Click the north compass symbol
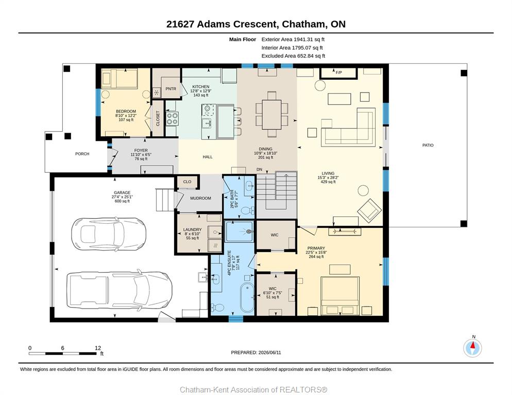(472, 348)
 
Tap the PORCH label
(82, 154)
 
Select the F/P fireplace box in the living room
(338, 73)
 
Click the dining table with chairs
(271, 114)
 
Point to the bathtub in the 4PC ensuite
(247, 297)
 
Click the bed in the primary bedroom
(340, 296)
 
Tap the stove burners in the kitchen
(172, 119)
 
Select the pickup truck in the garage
(119, 290)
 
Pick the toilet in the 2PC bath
(248, 210)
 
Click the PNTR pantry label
(171, 88)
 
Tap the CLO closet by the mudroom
(187, 182)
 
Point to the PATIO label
(428, 145)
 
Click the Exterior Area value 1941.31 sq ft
(309, 40)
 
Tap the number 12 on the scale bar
(98, 348)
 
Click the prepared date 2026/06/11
(269, 353)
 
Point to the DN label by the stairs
(259, 170)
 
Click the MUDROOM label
(200, 199)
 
